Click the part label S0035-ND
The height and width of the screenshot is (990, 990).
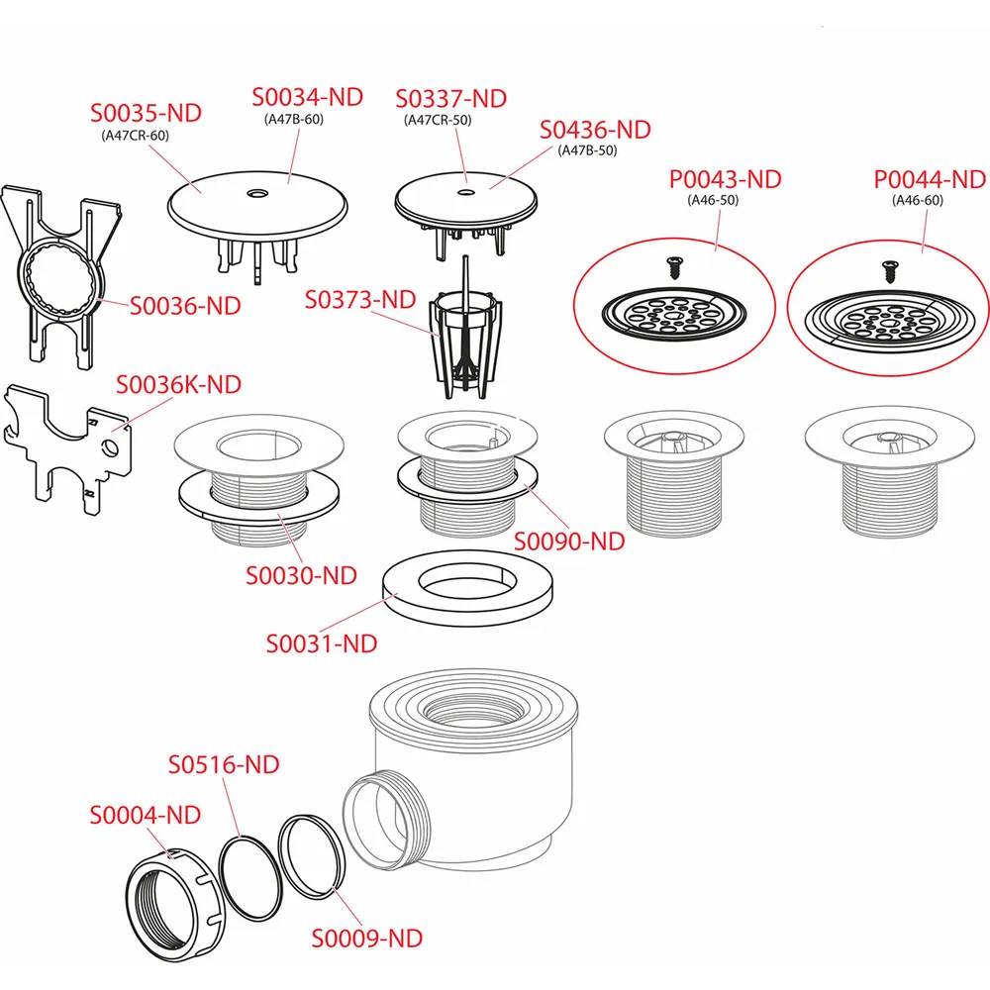click(146, 113)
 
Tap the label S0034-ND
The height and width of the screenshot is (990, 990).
click(308, 97)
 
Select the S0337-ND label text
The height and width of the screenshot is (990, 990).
click(450, 98)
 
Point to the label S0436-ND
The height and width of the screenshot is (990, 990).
click(595, 130)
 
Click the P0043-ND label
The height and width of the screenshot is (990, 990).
click(726, 179)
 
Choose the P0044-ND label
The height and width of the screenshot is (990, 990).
click(930, 179)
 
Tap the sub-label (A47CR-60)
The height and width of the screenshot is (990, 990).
click(135, 135)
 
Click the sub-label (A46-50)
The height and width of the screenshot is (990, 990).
click(713, 200)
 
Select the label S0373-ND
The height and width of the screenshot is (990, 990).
click(360, 299)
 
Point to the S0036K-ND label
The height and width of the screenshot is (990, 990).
click(178, 384)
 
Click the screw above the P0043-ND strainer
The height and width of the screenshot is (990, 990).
click(675, 265)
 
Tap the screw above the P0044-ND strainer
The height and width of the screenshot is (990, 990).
click(891, 271)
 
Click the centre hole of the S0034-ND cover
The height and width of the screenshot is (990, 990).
click(257, 193)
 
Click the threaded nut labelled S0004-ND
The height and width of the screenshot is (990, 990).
click(175, 906)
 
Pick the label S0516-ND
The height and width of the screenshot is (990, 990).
click(224, 764)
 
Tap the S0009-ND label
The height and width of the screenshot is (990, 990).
click(367, 939)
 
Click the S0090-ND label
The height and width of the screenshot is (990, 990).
click(569, 542)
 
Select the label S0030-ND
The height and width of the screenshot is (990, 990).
click(301, 575)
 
